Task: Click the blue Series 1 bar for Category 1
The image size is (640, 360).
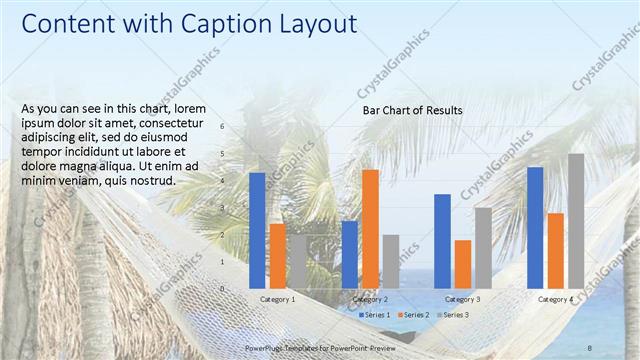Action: point(257,230)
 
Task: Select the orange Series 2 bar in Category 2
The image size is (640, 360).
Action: point(370,228)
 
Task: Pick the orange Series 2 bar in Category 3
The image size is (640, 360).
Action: point(463,263)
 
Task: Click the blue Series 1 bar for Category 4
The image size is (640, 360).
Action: point(535,227)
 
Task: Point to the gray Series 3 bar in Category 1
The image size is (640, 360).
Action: point(297,261)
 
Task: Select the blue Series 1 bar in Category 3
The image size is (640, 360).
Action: point(442,240)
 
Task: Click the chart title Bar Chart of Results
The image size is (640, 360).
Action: point(412,110)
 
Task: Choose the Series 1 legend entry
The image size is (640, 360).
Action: point(377,315)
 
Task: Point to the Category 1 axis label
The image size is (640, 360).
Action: point(277,300)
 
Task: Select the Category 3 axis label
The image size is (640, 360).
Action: point(462,300)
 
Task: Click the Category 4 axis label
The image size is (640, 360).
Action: point(555,300)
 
